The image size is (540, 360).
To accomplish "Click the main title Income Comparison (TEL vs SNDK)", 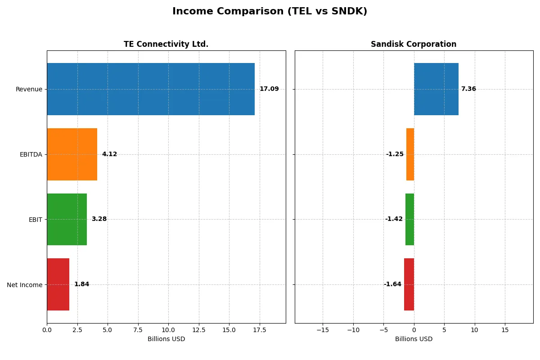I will (270, 12).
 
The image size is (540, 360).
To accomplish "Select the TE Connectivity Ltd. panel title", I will (166, 44).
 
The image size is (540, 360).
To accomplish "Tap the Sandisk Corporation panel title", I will (414, 44).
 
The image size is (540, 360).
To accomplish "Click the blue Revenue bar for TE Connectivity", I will (151, 89).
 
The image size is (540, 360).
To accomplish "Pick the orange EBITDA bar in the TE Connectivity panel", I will (72, 154).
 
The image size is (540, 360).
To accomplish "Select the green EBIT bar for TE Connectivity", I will (67, 219).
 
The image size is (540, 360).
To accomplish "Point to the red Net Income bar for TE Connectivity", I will (58, 284).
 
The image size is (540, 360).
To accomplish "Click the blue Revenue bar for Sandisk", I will (436, 89).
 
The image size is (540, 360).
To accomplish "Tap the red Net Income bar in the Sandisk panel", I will (409, 284).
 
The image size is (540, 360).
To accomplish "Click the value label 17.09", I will (269, 89).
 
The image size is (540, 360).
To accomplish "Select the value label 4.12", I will (109, 154).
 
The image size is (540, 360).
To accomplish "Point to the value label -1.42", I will (394, 219).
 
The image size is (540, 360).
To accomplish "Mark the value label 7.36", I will (468, 89).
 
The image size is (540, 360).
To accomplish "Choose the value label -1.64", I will (392, 284).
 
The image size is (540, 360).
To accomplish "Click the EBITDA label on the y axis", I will (31, 154).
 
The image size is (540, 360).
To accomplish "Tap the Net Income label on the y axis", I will (24, 284).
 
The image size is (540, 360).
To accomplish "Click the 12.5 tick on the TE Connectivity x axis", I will (199, 330).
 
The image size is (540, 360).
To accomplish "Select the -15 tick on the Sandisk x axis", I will (323, 330).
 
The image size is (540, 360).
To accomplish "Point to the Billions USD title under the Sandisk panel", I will (414, 339).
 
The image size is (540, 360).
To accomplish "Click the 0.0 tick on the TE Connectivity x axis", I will (47, 330).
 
